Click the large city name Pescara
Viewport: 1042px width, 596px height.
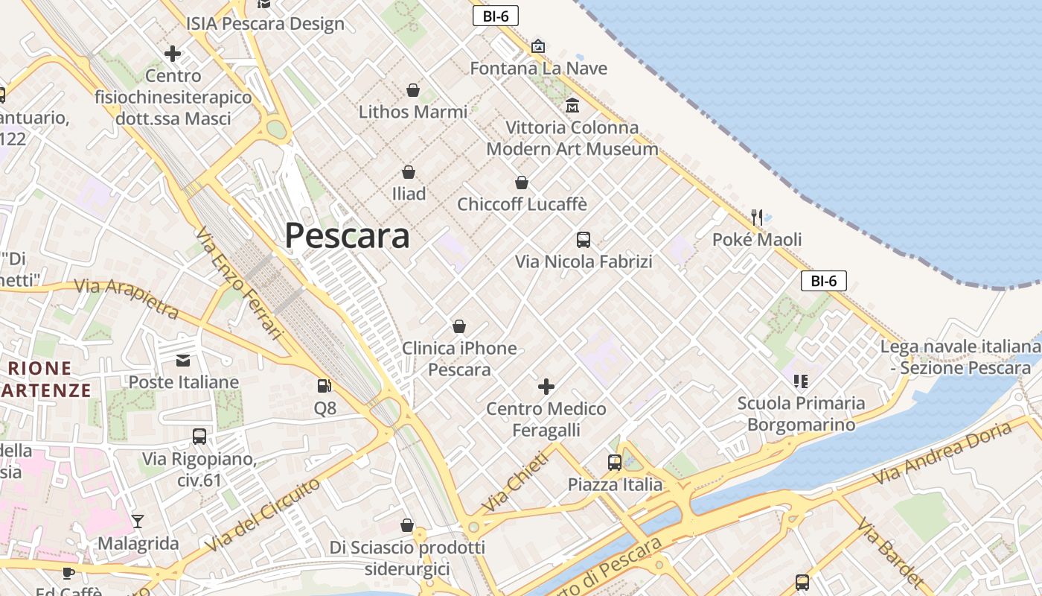pos(347,236)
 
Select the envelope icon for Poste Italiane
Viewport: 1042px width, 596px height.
pos(183,361)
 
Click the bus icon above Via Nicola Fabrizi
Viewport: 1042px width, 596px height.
pos(584,240)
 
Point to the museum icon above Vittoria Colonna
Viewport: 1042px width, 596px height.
pos(572,106)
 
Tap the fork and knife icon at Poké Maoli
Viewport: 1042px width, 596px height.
pos(757,218)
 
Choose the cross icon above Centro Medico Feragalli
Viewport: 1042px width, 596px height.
pos(546,387)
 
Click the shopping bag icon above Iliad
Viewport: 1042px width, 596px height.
pos(408,172)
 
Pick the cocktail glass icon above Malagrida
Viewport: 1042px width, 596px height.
pos(138,521)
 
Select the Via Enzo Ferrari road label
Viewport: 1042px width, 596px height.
pos(240,283)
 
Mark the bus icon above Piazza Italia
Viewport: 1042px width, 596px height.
pos(614,463)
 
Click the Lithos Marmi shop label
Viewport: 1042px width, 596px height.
pos(413,112)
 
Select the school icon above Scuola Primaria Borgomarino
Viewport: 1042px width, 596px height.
pos(801,381)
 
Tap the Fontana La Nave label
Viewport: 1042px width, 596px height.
pos(538,69)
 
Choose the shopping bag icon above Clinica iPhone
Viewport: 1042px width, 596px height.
pos(459,326)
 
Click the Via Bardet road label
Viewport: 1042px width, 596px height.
pos(890,552)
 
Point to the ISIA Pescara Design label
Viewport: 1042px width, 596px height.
pos(266,23)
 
